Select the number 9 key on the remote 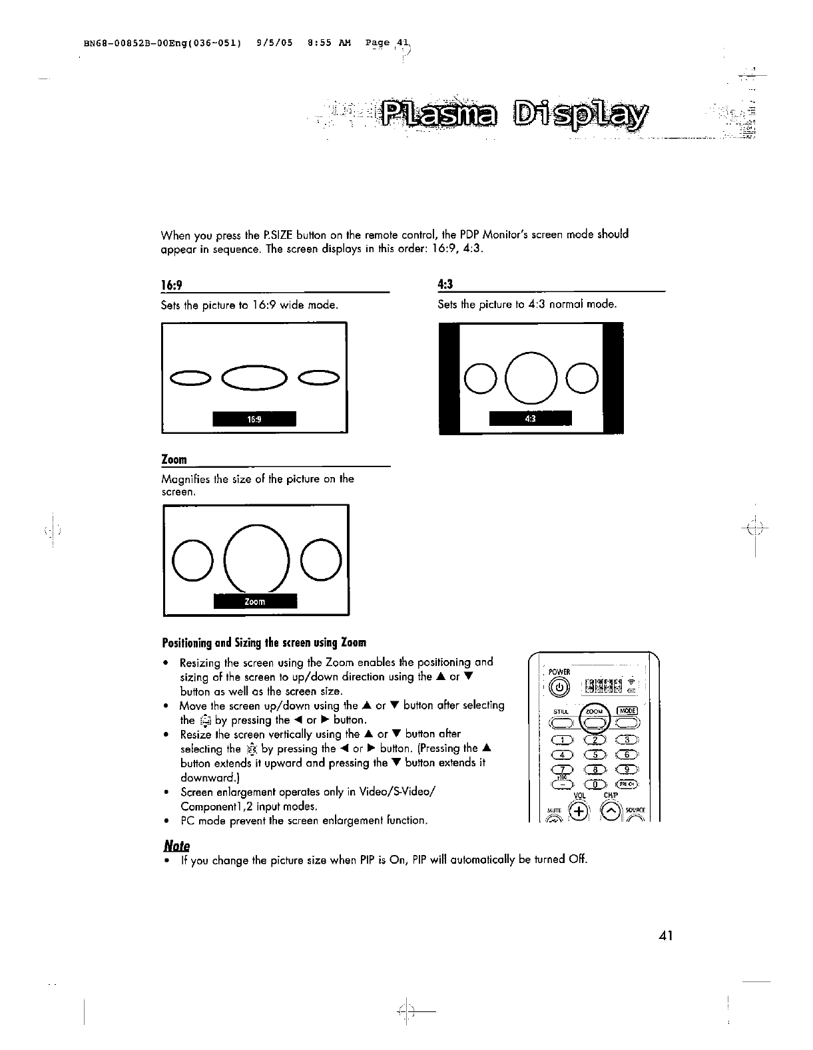pyautogui.click(x=627, y=770)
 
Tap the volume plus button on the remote pyautogui.click(x=579, y=811)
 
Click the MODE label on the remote pyautogui.click(x=627, y=710)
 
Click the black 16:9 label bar pyautogui.click(x=254, y=419)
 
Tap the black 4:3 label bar pyautogui.click(x=530, y=419)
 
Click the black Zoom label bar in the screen pyautogui.click(x=254, y=602)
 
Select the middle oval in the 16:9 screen pyautogui.click(x=254, y=379)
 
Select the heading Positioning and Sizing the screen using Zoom pyautogui.click(x=264, y=643)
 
